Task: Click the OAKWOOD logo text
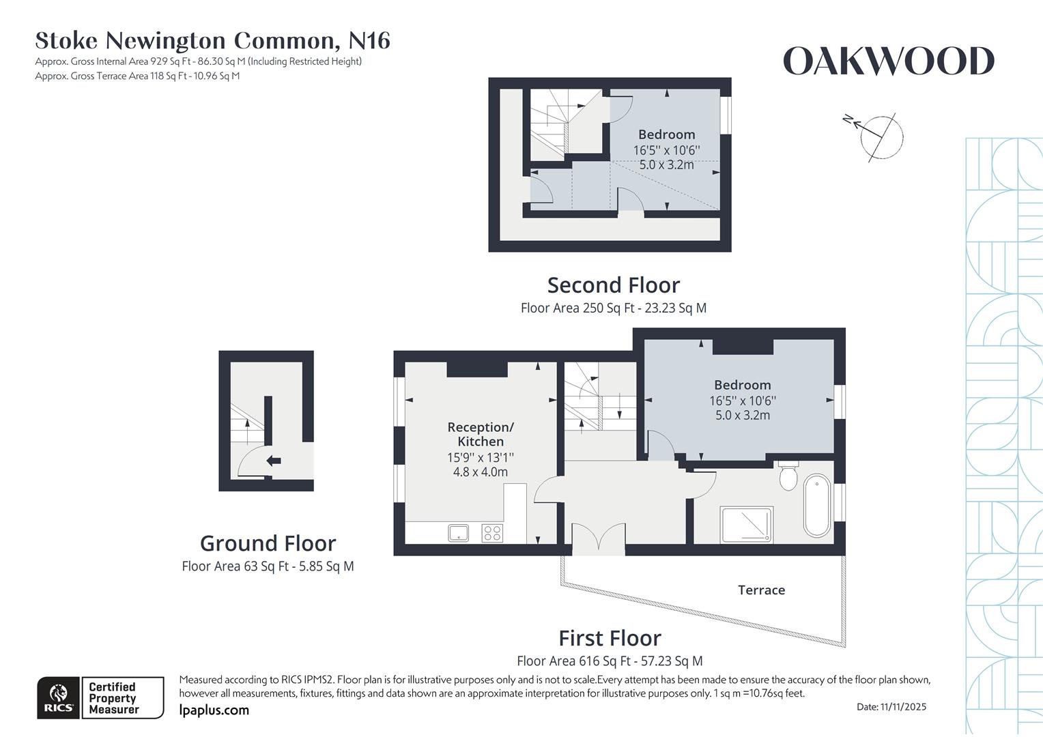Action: click(x=888, y=61)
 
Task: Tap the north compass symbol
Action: click(x=879, y=135)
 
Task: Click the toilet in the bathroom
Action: click(x=788, y=476)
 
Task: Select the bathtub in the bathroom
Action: click(x=817, y=506)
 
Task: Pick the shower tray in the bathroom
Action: click(x=746, y=524)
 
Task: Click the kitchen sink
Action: click(x=459, y=532)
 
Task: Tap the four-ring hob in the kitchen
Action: click(x=492, y=532)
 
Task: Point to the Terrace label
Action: click(x=761, y=590)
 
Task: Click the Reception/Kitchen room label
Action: click(x=481, y=434)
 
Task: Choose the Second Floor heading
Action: click(x=613, y=285)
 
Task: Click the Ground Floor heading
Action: click(x=268, y=543)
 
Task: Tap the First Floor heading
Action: click(x=610, y=638)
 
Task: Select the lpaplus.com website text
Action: click(x=214, y=710)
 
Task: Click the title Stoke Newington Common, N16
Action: click(x=212, y=41)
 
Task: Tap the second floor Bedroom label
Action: click(x=666, y=134)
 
